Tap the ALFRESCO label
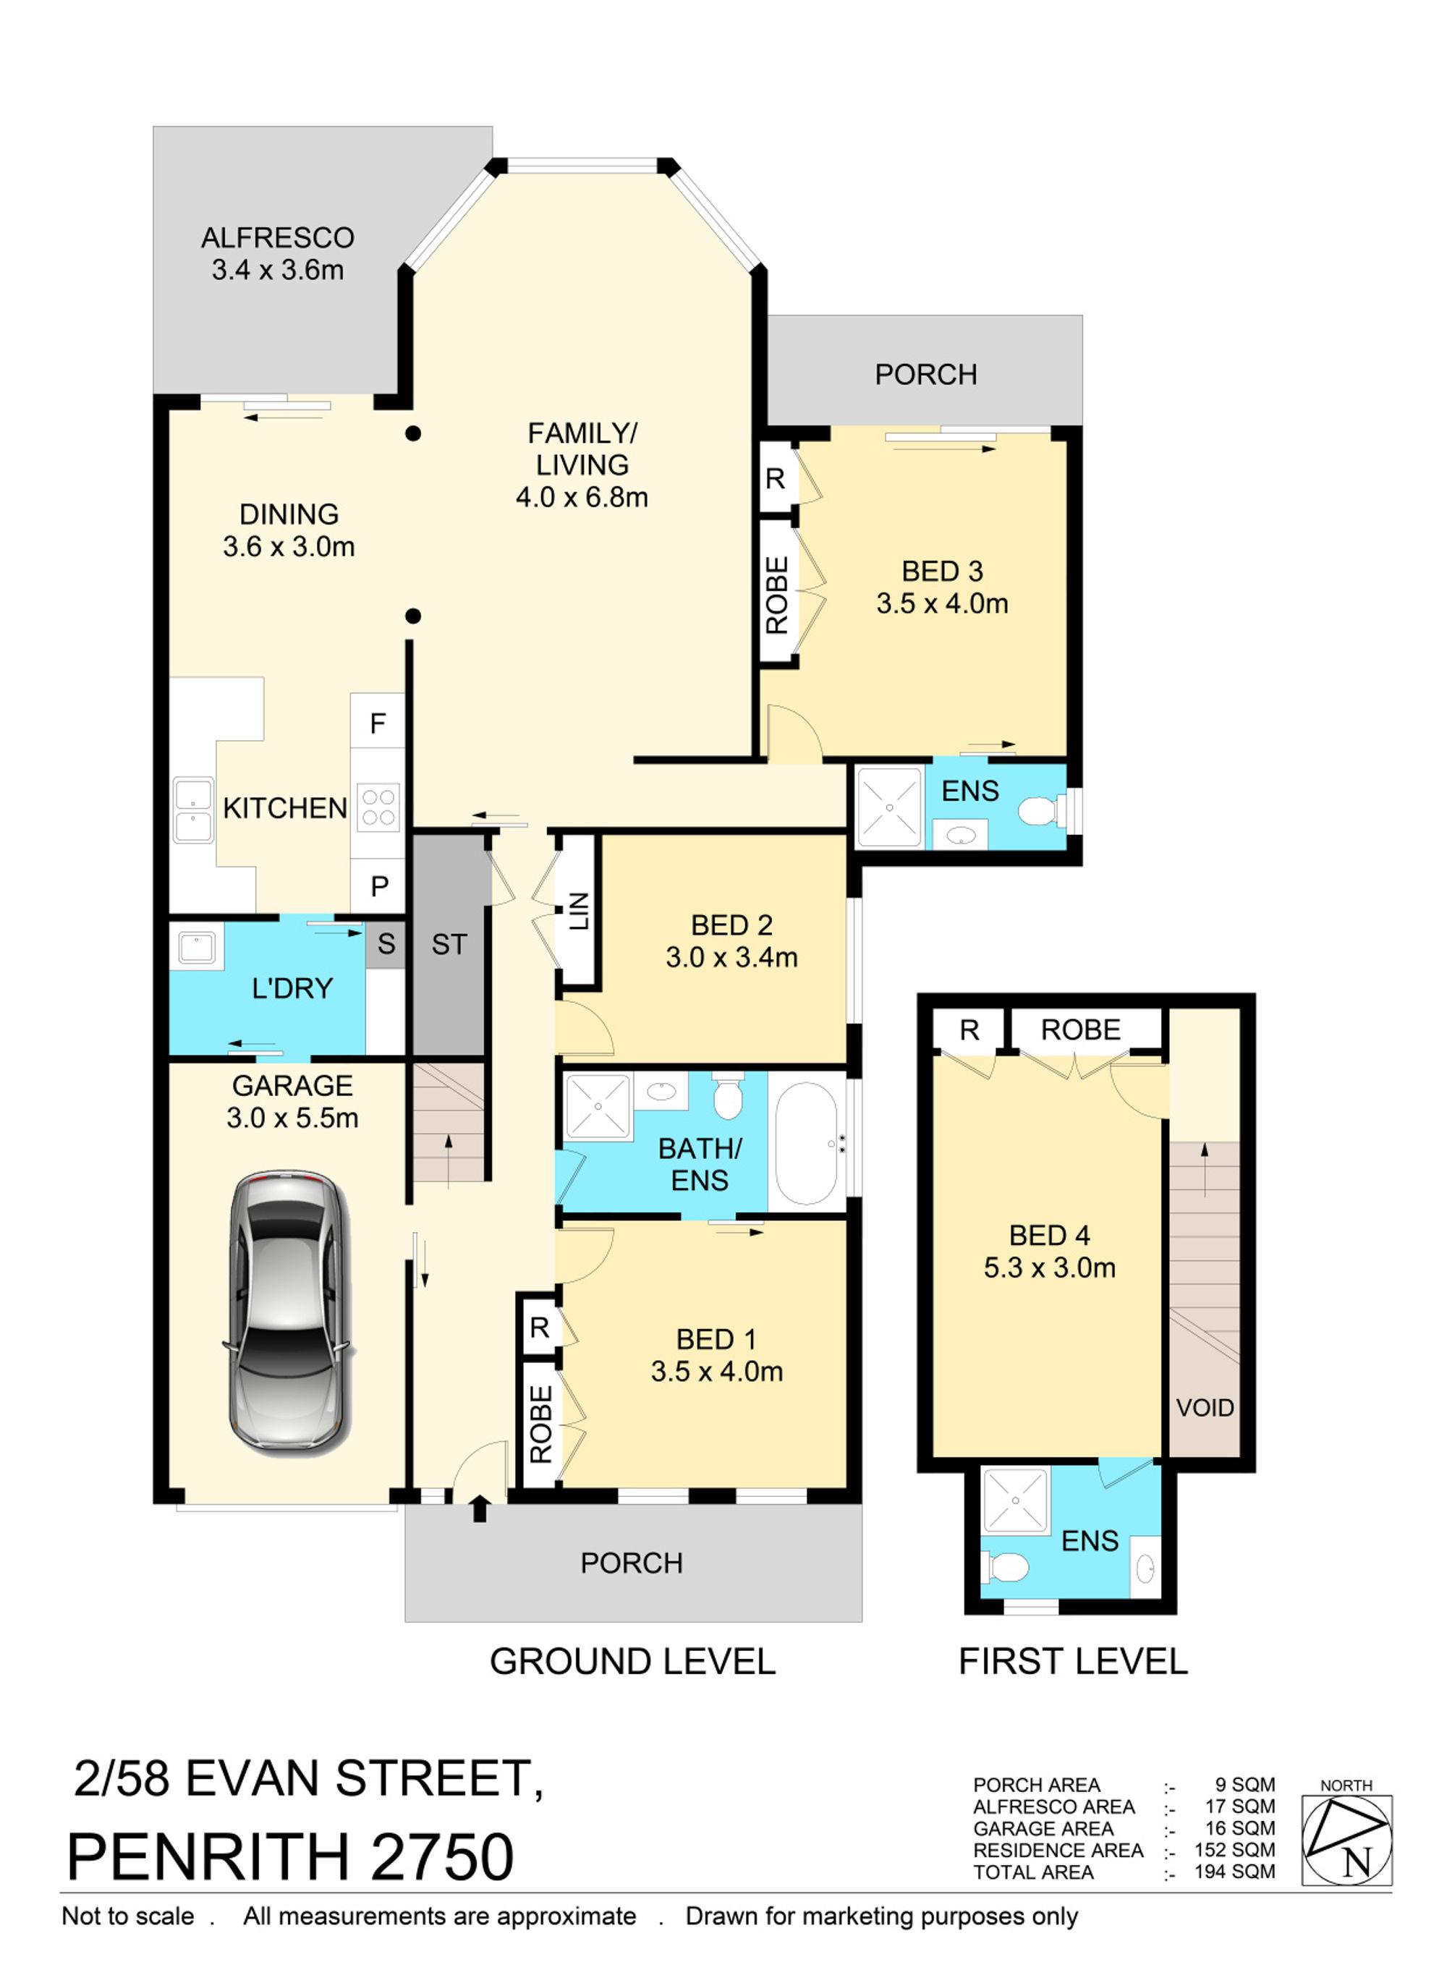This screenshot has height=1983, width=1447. pos(278,237)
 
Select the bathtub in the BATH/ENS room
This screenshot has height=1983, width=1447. pos(807,1142)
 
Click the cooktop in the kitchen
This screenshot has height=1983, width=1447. pos(378,807)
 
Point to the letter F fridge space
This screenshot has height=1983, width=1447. pos(378,723)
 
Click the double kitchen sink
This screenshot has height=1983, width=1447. pos(192,810)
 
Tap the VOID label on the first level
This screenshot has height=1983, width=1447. pos(1205,1408)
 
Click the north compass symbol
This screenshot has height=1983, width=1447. pos(1346,1838)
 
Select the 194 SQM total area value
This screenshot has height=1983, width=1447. pos(1234,1872)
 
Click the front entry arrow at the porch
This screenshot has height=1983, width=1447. pos(479,1509)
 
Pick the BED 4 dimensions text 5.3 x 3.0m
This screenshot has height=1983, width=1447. pos(1049,1267)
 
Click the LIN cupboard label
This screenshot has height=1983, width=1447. pos(579,911)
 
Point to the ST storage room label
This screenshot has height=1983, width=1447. pos(449,944)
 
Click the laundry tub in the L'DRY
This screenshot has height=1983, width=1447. pos(196,947)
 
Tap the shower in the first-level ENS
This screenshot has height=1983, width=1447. pos(1015,1500)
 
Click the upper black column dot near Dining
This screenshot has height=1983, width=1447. pos(413,433)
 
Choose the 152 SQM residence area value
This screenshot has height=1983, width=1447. pos(1234,1850)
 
